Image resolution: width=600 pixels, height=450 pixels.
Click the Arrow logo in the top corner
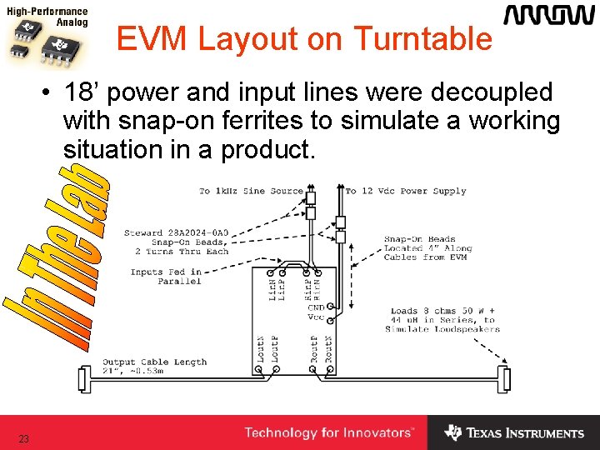(547, 16)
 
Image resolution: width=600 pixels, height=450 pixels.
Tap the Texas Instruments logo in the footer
(514, 433)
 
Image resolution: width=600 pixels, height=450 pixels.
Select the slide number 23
(23, 438)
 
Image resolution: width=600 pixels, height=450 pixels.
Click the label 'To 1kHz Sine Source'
(251, 192)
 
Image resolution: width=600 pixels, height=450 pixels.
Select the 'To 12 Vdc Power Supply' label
(406, 192)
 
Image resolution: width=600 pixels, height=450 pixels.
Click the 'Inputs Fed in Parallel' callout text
(166, 277)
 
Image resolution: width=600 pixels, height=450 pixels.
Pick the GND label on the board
(316, 308)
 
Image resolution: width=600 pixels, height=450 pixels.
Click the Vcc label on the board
(316, 317)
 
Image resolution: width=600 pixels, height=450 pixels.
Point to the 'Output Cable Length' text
(154, 362)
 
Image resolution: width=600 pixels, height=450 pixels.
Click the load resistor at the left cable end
(82, 379)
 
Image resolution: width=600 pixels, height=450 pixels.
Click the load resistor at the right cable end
(502, 379)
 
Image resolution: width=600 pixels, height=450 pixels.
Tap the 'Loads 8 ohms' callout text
(442, 320)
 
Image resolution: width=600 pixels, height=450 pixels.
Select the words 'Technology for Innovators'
(328, 433)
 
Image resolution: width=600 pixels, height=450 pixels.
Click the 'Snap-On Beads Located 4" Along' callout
(427, 248)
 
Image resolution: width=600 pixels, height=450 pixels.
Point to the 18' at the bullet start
(80, 92)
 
